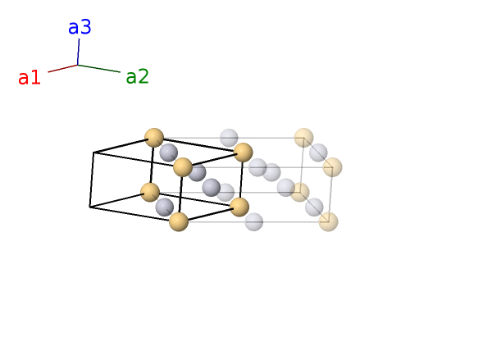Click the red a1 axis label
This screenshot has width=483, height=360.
30,77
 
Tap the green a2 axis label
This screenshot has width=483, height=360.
138,77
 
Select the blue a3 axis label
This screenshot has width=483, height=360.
80,27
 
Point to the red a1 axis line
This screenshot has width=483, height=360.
63,68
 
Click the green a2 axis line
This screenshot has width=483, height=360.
99,68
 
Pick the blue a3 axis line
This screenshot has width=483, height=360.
78,52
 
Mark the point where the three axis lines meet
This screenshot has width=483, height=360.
78,65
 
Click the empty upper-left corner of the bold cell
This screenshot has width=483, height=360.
93,153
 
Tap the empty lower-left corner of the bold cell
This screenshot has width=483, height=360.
90,207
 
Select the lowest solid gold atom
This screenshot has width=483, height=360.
179,221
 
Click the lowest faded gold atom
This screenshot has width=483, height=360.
328,221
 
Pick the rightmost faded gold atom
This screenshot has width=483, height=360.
333,167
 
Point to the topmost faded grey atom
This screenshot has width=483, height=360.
229,138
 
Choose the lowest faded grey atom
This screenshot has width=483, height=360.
254,221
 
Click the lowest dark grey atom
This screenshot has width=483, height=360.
165,207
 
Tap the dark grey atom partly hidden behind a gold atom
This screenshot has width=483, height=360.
198,173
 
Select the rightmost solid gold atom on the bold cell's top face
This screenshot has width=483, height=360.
244,153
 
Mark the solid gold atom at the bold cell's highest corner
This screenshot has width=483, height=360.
154,138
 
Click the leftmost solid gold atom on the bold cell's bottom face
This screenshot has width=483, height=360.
150,192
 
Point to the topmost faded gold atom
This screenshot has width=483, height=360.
303,138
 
